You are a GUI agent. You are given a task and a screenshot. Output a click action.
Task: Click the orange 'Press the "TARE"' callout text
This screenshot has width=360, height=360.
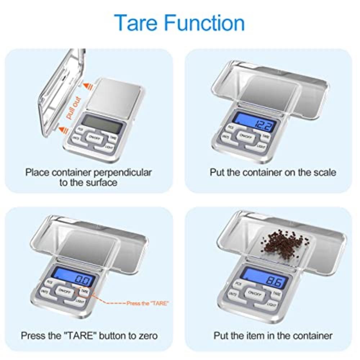[147, 303]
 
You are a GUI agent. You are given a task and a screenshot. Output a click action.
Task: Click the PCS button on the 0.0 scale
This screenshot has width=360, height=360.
[49, 283]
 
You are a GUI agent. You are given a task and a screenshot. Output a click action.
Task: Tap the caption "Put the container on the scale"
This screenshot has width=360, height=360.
[273, 172]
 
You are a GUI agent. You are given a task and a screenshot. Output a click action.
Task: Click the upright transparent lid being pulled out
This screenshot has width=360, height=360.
[61, 90]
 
